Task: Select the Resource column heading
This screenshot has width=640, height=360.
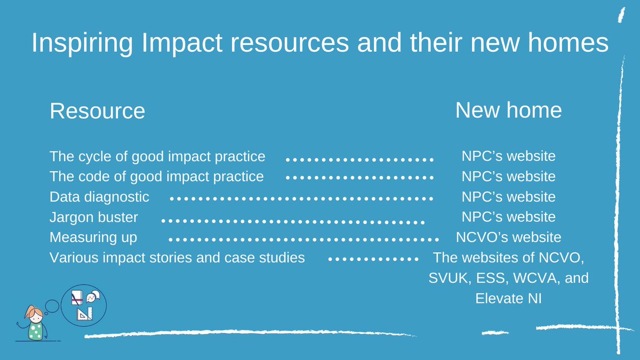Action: pos(97,111)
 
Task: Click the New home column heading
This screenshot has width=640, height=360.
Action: pos(508,110)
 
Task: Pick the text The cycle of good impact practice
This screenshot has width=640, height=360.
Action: pos(157,156)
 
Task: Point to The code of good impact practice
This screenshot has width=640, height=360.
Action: pos(156,176)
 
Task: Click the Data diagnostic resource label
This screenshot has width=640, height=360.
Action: pos(99,196)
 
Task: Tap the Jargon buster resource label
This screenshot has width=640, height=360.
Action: pos(94,217)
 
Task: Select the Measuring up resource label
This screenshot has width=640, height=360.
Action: pos(93,237)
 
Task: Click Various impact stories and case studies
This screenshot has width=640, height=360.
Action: pos(177,258)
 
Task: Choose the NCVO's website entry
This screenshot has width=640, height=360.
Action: pos(508,237)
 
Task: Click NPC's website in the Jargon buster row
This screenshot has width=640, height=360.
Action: pos(508,217)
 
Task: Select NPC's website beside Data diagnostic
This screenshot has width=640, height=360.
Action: pos(508,196)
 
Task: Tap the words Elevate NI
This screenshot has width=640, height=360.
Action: pos(508,299)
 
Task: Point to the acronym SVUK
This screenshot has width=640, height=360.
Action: pos(449,278)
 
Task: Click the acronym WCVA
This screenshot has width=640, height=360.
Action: pos(536,278)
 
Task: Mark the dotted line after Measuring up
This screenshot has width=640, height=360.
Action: pos(303,239)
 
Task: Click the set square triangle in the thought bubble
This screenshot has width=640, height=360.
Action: pos(83,314)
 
